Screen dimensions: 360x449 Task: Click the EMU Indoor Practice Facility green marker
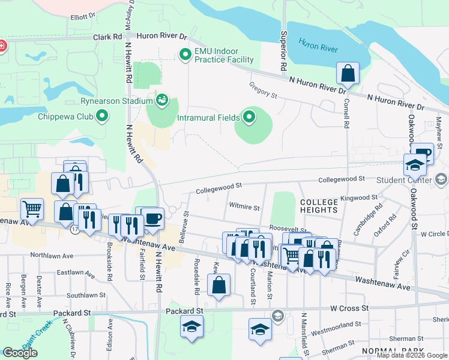point(185,55)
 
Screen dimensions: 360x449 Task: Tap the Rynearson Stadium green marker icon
point(161,100)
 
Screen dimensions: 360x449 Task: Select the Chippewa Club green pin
point(103,116)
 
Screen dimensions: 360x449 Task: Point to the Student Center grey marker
point(441,179)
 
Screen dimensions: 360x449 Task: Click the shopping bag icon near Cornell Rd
point(348,74)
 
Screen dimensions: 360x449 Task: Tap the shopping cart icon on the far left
point(32,209)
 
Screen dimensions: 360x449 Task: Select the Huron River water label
point(318,46)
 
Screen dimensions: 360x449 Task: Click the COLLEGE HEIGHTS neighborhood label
point(319,206)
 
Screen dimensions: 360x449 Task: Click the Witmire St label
point(244,208)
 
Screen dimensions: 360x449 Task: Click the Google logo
point(20,353)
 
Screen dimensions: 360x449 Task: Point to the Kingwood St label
point(358,197)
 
